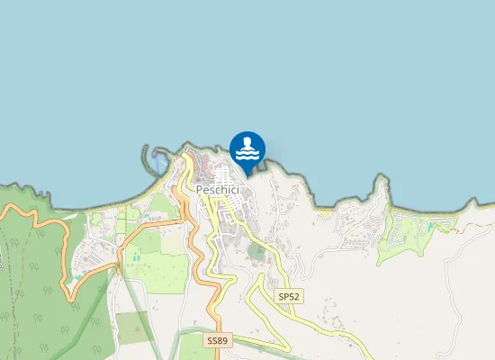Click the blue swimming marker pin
(247, 149)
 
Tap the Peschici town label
(218, 191)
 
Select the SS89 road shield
(217, 341)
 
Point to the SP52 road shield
(288, 296)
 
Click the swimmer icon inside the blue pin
(247, 142)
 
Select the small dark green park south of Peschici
(257, 250)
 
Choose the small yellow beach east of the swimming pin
(324, 212)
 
